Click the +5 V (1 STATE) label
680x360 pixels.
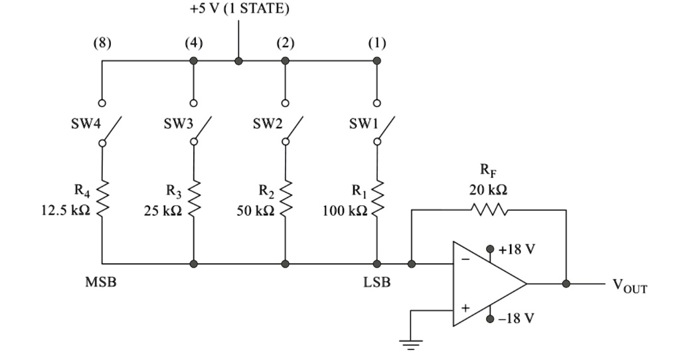tap(239, 11)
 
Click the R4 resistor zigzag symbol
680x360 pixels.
tap(102, 198)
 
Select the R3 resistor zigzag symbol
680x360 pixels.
tap(193, 198)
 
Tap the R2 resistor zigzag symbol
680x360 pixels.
tap(285, 198)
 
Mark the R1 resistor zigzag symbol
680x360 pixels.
tap(377, 198)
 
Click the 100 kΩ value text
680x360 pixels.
tap(345, 211)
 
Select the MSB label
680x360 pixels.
tap(102, 282)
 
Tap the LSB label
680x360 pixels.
tap(377, 282)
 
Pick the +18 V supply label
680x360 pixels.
tap(516, 249)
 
